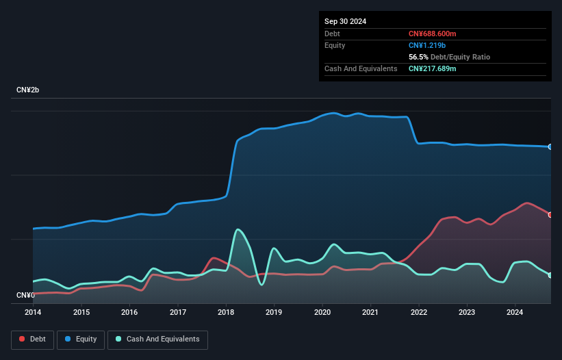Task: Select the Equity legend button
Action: point(81,339)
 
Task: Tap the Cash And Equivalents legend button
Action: point(157,339)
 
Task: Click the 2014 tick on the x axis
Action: point(33,313)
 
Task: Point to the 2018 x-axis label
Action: point(226,313)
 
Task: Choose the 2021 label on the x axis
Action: point(370,313)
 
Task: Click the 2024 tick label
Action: point(515,313)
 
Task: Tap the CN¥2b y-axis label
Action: point(31,90)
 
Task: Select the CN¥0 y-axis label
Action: point(25,296)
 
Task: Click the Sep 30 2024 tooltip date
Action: point(345,21)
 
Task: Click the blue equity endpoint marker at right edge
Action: point(550,146)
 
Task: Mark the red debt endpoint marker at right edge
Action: point(550,215)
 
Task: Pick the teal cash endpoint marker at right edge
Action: point(550,275)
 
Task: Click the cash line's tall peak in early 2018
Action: point(238,230)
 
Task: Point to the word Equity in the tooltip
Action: point(335,45)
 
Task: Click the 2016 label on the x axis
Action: point(129,313)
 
